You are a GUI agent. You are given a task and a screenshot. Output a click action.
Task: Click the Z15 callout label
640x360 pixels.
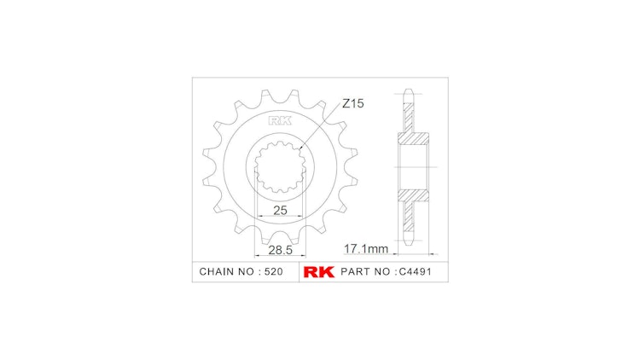tap(353, 104)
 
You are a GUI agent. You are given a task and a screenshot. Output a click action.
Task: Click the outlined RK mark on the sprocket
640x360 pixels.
tap(280, 120)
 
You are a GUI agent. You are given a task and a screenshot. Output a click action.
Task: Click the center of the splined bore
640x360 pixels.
tap(280, 167)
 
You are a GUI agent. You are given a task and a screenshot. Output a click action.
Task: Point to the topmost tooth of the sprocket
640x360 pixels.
tap(280, 92)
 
